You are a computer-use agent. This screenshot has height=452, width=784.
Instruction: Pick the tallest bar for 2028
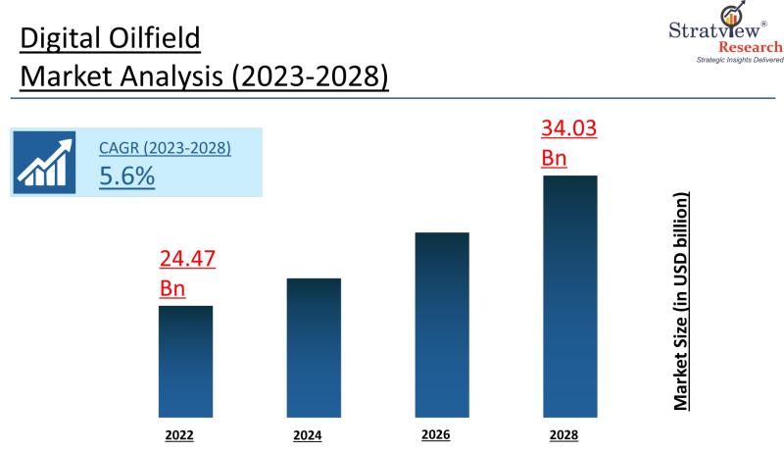pyautogui.click(x=569, y=293)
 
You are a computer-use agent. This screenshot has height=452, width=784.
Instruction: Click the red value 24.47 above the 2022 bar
pyautogui.click(x=187, y=260)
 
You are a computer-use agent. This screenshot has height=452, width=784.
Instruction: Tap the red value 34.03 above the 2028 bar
pyautogui.click(x=569, y=128)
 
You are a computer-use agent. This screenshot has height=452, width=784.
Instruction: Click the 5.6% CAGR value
pyautogui.click(x=126, y=176)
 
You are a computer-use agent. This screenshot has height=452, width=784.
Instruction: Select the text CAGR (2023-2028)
pyautogui.click(x=165, y=149)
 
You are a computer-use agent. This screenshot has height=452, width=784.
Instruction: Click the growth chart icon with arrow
pyautogui.click(x=45, y=162)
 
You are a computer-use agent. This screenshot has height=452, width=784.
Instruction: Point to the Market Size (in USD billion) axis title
pyautogui.click(x=681, y=302)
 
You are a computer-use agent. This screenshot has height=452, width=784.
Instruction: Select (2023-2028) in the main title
pyautogui.click(x=309, y=76)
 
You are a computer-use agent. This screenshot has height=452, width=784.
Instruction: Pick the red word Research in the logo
pyautogui.click(x=751, y=47)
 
